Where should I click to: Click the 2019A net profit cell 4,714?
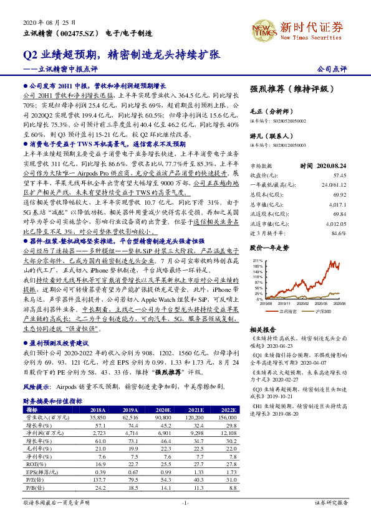coord(130,433)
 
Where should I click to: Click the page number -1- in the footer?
coord(185,502)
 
